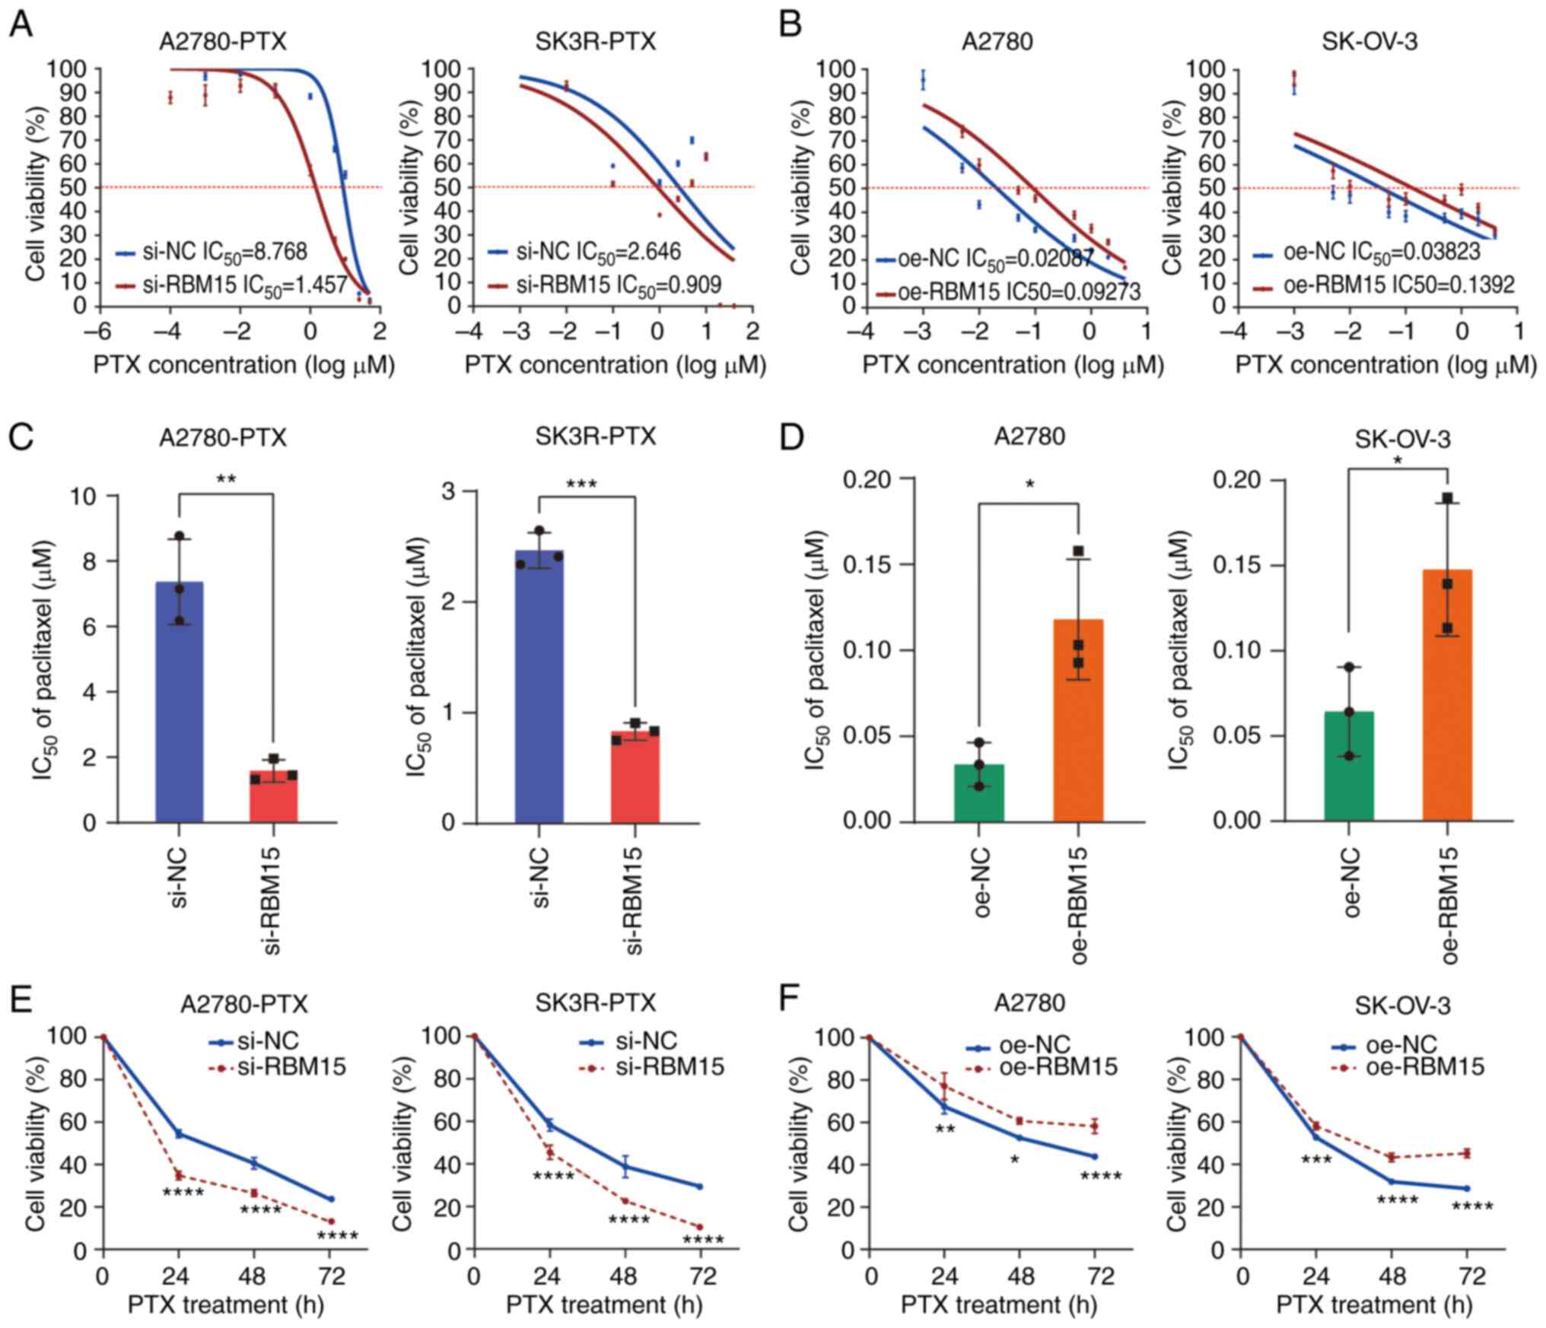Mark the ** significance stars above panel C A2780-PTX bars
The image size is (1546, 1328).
(225, 479)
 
